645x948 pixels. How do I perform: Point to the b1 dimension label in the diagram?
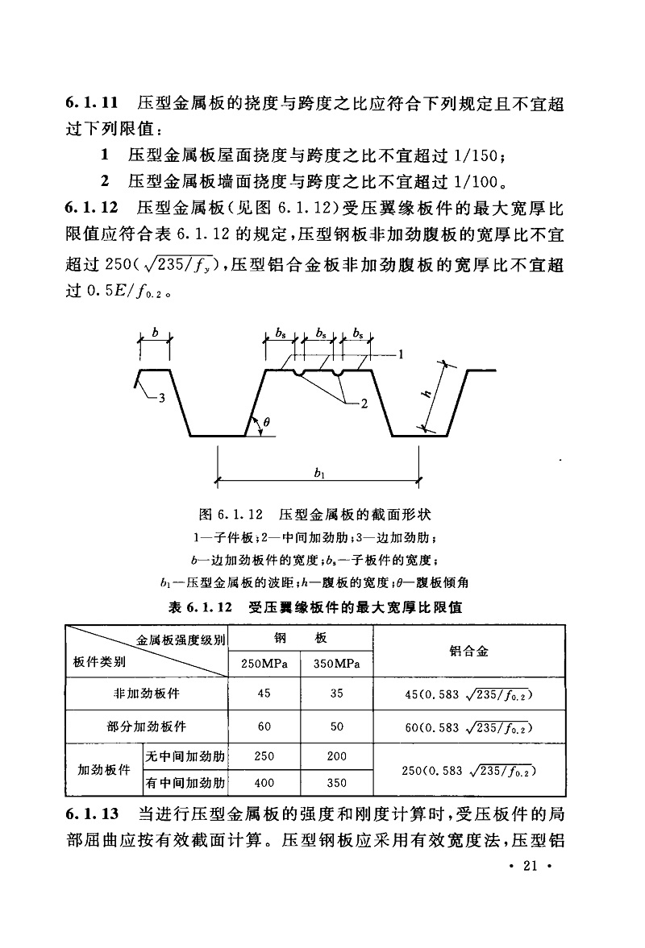pyautogui.click(x=320, y=475)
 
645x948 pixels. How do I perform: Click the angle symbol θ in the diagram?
pyautogui.click(x=266, y=421)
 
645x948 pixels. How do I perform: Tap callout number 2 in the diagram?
pyautogui.click(x=364, y=404)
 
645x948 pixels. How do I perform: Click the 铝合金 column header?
pyautogui.click(x=468, y=651)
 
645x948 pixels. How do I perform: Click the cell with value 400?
pyautogui.click(x=263, y=782)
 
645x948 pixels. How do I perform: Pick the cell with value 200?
pyautogui.click(x=336, y=756)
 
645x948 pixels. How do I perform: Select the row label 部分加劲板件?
pyautogui.click(x=146, y=726)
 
